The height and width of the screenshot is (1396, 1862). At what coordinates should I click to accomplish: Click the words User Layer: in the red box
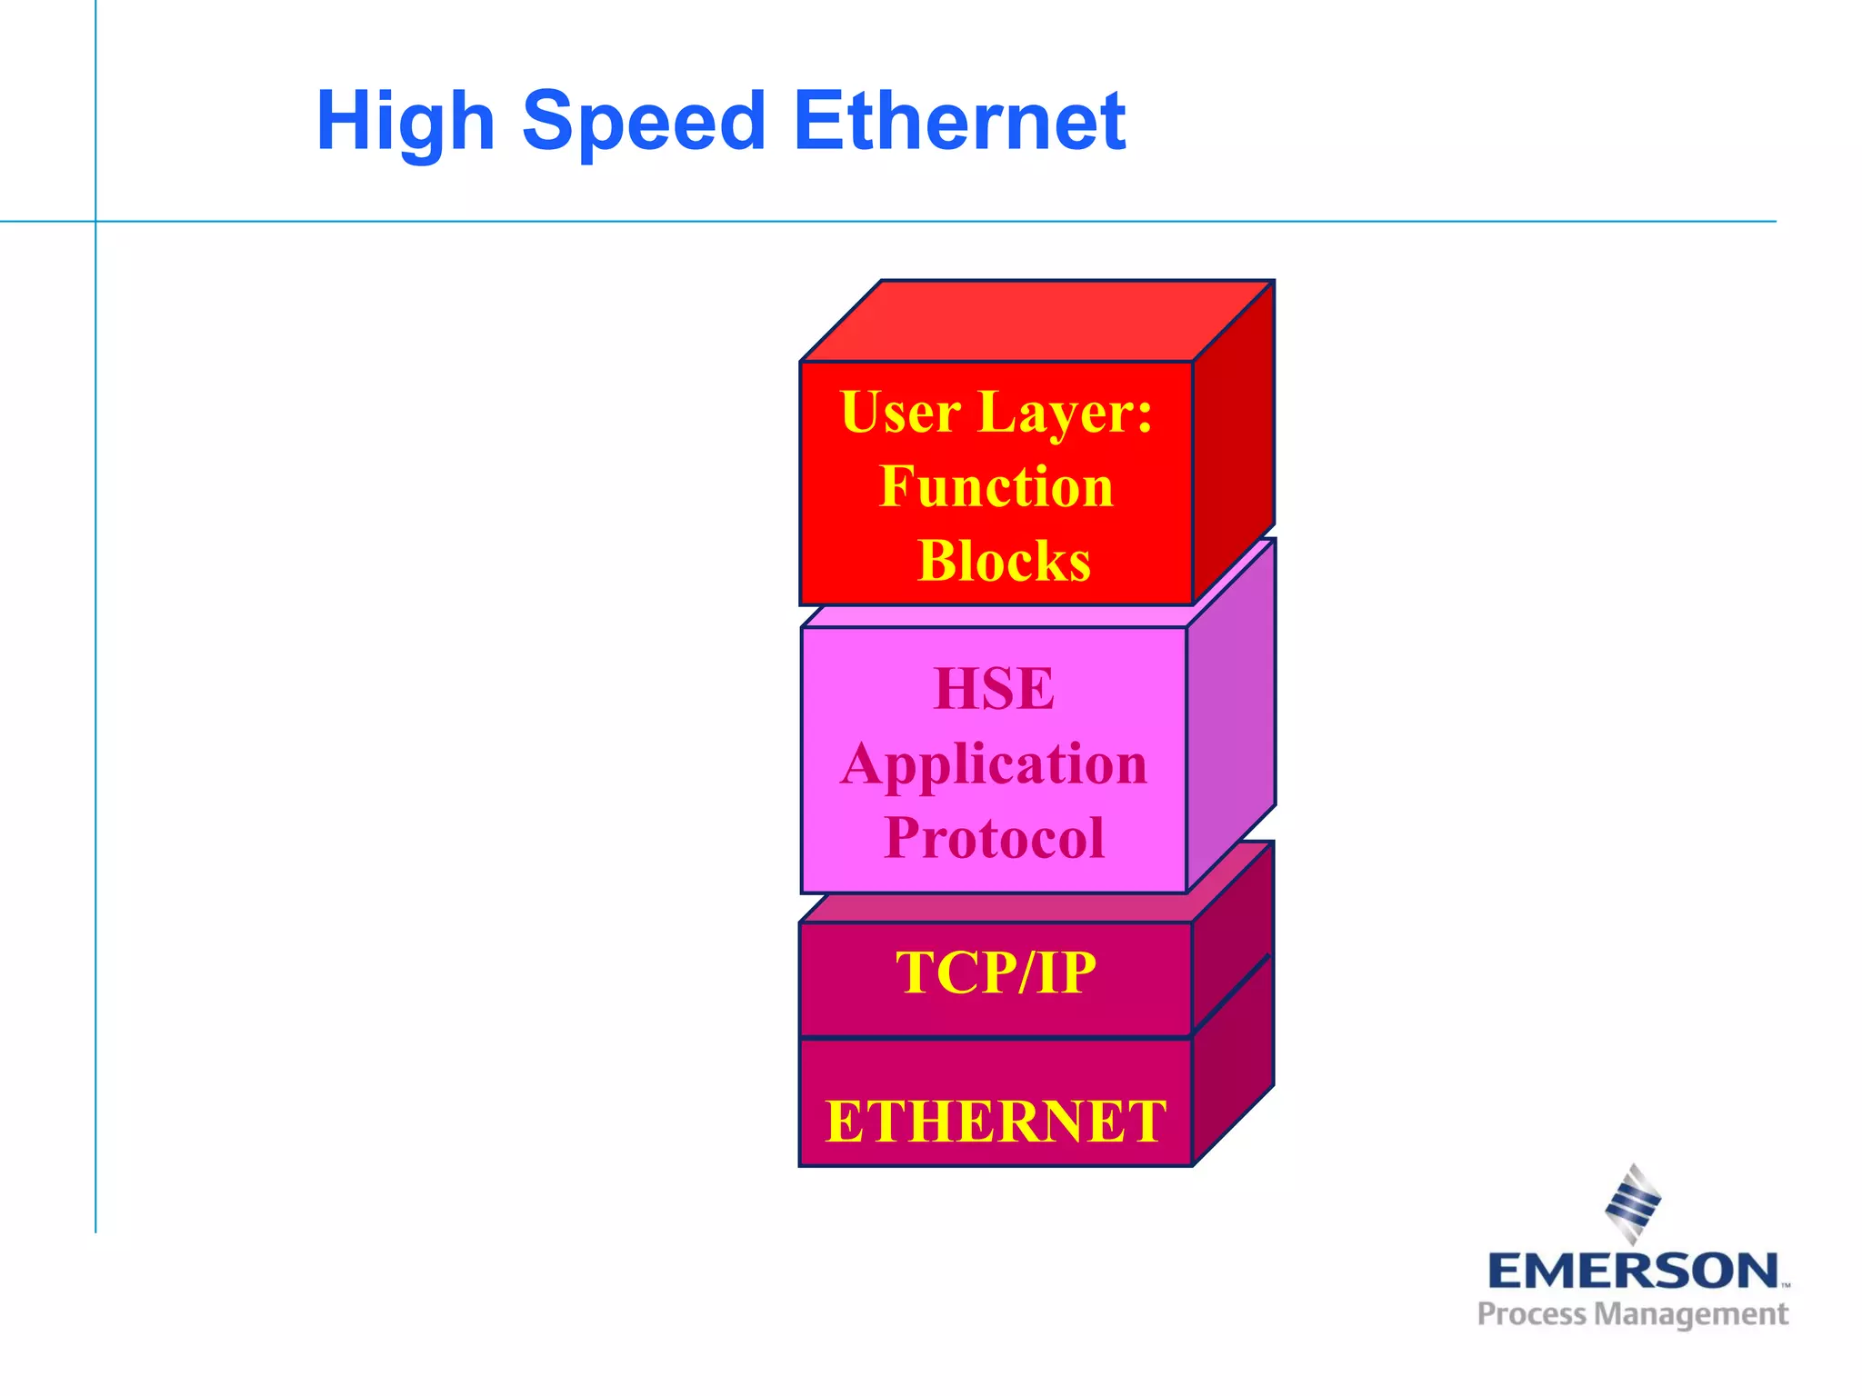coord(996,413)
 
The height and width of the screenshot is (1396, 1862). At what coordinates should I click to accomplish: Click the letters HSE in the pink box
coord(994,689)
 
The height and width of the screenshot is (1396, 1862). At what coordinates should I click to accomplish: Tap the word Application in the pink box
coord(994,763)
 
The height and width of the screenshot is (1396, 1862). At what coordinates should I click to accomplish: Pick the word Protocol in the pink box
coord(994,837)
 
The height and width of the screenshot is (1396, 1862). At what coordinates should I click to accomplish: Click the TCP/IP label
coord(996,972)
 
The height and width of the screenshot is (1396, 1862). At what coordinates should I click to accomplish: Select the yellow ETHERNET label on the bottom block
coord(996,1121)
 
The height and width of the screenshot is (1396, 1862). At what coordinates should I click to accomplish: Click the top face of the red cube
coord(1036,321)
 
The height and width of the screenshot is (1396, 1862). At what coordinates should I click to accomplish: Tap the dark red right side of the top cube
coord(1233,445)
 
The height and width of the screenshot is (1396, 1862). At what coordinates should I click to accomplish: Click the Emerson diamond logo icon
coord(1633,1202)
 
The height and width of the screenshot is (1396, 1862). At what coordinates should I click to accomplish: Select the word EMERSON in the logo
coord(1633,1271)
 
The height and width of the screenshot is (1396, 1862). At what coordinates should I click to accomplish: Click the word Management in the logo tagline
coord(1691,1315)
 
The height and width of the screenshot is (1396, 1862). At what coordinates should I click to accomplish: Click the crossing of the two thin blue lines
coord(95,221)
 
